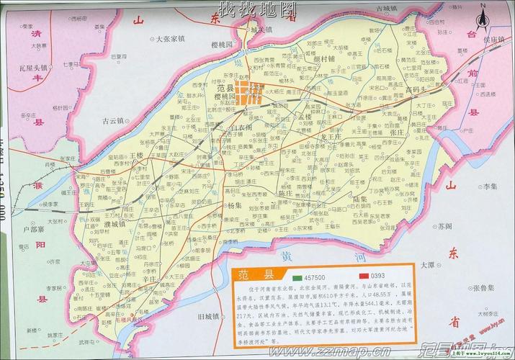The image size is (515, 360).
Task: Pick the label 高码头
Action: [x=417, y=90]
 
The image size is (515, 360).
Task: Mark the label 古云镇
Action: [x=115, y=121]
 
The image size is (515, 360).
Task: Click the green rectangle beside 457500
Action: [x=299, y=277]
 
